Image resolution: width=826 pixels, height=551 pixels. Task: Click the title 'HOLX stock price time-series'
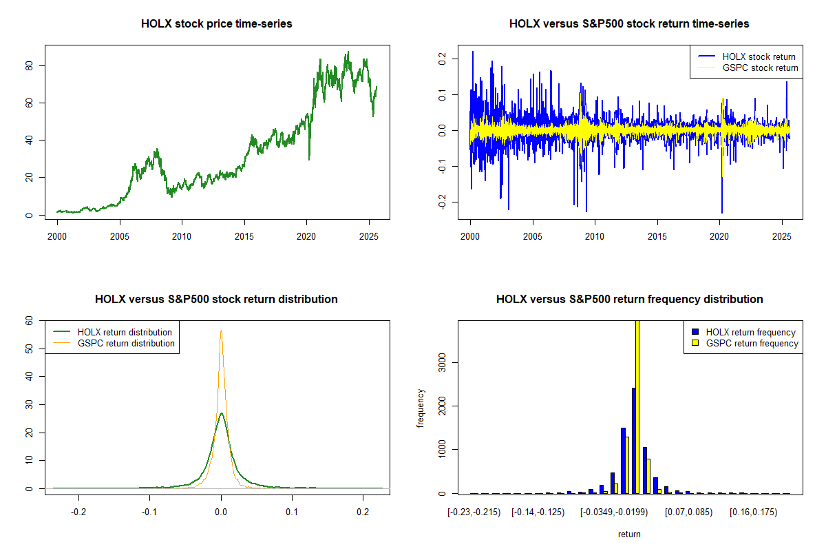coord(216,23)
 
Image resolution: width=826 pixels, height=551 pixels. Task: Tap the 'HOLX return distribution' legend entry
coord(125,332)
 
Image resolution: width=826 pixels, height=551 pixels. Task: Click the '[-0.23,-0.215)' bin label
coord(474,513)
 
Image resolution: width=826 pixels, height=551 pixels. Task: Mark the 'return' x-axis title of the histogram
coord(629,534)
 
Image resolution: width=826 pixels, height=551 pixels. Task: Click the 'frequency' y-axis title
coord(421,408)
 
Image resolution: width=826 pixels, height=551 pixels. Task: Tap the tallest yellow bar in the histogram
coord(637,406)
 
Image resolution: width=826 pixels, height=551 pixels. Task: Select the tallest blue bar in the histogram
coord(633,441)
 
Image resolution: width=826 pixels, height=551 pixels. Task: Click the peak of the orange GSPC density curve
coord(221,331)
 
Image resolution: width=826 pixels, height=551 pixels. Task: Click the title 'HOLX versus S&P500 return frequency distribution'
coord(629,299)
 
